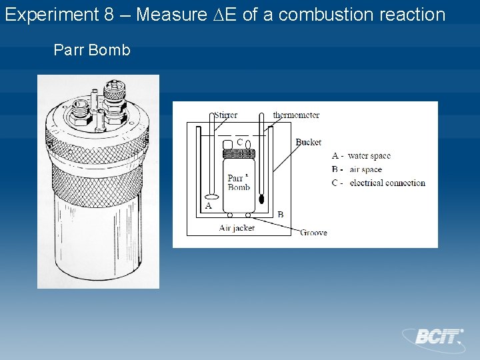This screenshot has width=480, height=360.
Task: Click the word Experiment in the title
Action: (x=51, y=14)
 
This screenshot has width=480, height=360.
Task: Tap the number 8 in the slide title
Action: (x=110, y=14)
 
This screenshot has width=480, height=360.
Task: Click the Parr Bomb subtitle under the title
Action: (x=91, y=50)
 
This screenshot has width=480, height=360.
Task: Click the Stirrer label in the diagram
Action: (x=225, y=115)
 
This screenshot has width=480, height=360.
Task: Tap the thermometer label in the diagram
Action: (x=296, y=115)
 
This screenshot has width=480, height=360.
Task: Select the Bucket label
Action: (x=308, y=142)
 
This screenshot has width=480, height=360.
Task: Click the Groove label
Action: (x=313, y=233)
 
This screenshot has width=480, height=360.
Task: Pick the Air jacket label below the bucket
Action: (x=237, y=228)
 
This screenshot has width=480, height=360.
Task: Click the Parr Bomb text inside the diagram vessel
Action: (x=239, y=182)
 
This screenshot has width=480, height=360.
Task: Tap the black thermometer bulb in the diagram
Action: (x=262, y=198)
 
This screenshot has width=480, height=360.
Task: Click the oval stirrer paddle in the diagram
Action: (x=211, y=197)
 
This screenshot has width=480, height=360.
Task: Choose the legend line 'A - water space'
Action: (x=361, y=156)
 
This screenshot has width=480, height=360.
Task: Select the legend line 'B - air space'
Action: (x=357, y=169)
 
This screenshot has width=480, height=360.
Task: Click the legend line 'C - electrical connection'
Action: (x=378, y=183)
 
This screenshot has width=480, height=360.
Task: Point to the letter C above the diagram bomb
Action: (x=239, y=141)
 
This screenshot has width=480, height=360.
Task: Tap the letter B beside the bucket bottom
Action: (x=280, y=214)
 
